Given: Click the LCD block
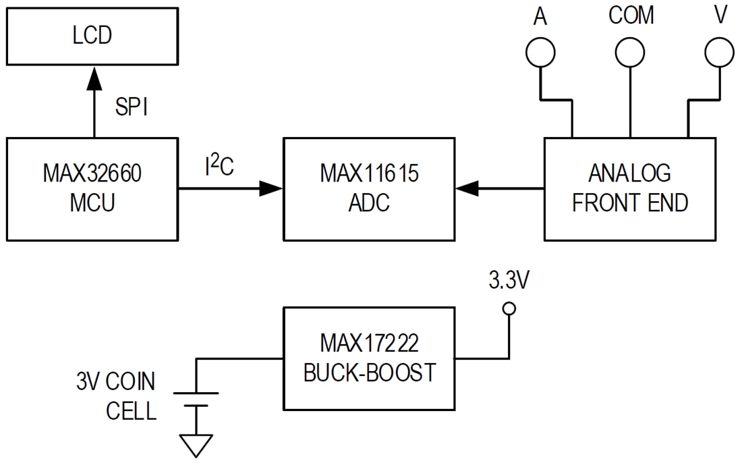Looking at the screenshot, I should [x=92, y=36].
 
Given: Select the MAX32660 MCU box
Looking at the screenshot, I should [x=92, y=189].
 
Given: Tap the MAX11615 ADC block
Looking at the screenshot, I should [x=369, y=189].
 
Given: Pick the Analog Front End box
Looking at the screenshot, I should [x=629, y=189].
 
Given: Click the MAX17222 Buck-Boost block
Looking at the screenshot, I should [x=369, y=358].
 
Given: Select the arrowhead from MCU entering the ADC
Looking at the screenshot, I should [x=271, y=190].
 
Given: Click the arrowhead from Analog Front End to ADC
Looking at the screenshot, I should [x=466, y=190].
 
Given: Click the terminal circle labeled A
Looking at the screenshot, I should [x=540, y=53].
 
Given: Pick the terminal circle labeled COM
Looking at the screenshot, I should [x=631, y=53].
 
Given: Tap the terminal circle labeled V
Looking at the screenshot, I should [x=718, y=53].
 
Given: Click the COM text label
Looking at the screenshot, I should [x=631, y=16].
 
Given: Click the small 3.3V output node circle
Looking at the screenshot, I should [x=510, y=308].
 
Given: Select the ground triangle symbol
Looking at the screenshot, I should [x=196, y=445].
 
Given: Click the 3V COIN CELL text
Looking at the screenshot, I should [x=116, y=396].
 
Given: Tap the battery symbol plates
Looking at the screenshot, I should [x=196, y=399].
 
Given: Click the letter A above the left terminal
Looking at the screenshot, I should [x=540, y=17].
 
